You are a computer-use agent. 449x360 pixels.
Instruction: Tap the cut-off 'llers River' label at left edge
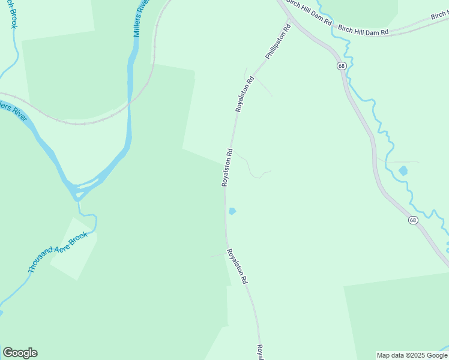click(13, 112)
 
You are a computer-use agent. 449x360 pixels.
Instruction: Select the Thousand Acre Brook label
click(58, 252)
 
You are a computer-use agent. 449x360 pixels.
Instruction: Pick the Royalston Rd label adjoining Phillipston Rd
click(245, 94)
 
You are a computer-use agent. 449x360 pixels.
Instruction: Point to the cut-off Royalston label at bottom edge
click(261, 352)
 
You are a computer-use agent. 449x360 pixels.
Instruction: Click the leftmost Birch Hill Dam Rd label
click(310, 13)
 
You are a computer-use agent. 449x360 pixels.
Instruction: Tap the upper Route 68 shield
click(341, 66)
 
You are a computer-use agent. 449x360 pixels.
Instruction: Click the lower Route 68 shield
click(413, 220)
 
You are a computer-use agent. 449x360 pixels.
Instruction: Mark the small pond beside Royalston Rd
click(232, 211)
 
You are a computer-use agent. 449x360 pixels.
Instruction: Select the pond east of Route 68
click(403, 171)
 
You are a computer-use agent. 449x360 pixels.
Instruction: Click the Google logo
click(20, 353)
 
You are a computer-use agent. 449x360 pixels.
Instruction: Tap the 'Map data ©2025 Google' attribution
click(412, 355)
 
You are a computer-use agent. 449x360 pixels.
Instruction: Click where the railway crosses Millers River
click(128, 103)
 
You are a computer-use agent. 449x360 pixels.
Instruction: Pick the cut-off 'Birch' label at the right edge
click(439, 16)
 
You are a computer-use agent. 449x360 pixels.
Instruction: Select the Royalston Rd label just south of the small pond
click(237, 266)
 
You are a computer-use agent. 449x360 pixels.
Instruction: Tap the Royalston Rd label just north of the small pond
click(227, 168)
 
